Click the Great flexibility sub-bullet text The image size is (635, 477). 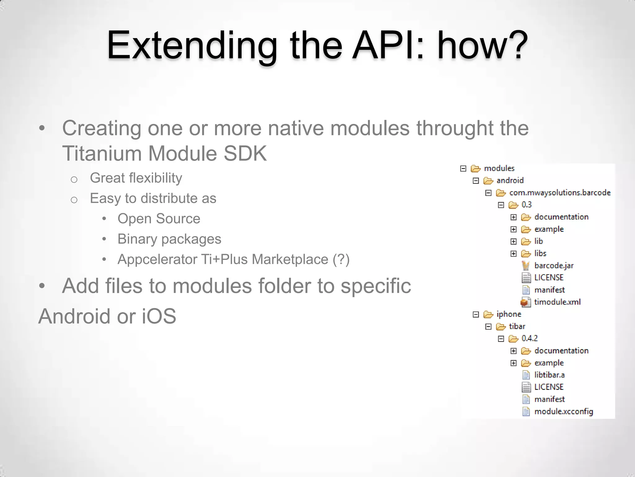pos(136,178)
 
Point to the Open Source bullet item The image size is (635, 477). pos(159,219)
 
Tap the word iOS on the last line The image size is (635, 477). pos(159,316)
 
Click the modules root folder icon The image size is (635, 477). pos(475,169)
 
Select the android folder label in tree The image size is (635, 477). pos(510,180)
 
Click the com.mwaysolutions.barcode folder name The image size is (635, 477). pos(560,193)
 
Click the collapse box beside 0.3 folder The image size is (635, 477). pos(501,205)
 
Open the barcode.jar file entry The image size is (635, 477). pos(554,266)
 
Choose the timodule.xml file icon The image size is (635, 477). pos(525,302)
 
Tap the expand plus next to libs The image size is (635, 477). pos(513,254)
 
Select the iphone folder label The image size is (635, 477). pos(508,314)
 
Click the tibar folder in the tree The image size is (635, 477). pos(517,326)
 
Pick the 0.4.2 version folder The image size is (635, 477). pos(529,338)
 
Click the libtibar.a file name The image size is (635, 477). pos(549,375)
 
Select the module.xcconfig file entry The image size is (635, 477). pos(563,411)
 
